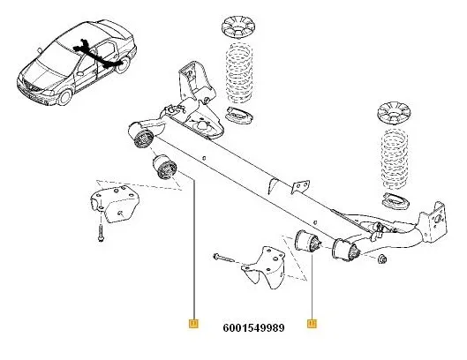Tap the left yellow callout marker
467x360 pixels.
[x=192, y=324]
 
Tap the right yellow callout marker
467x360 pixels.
[x=312, y=324]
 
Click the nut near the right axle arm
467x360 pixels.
[x=382, y=259]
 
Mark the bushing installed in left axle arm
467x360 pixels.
[x=142, y=139]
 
